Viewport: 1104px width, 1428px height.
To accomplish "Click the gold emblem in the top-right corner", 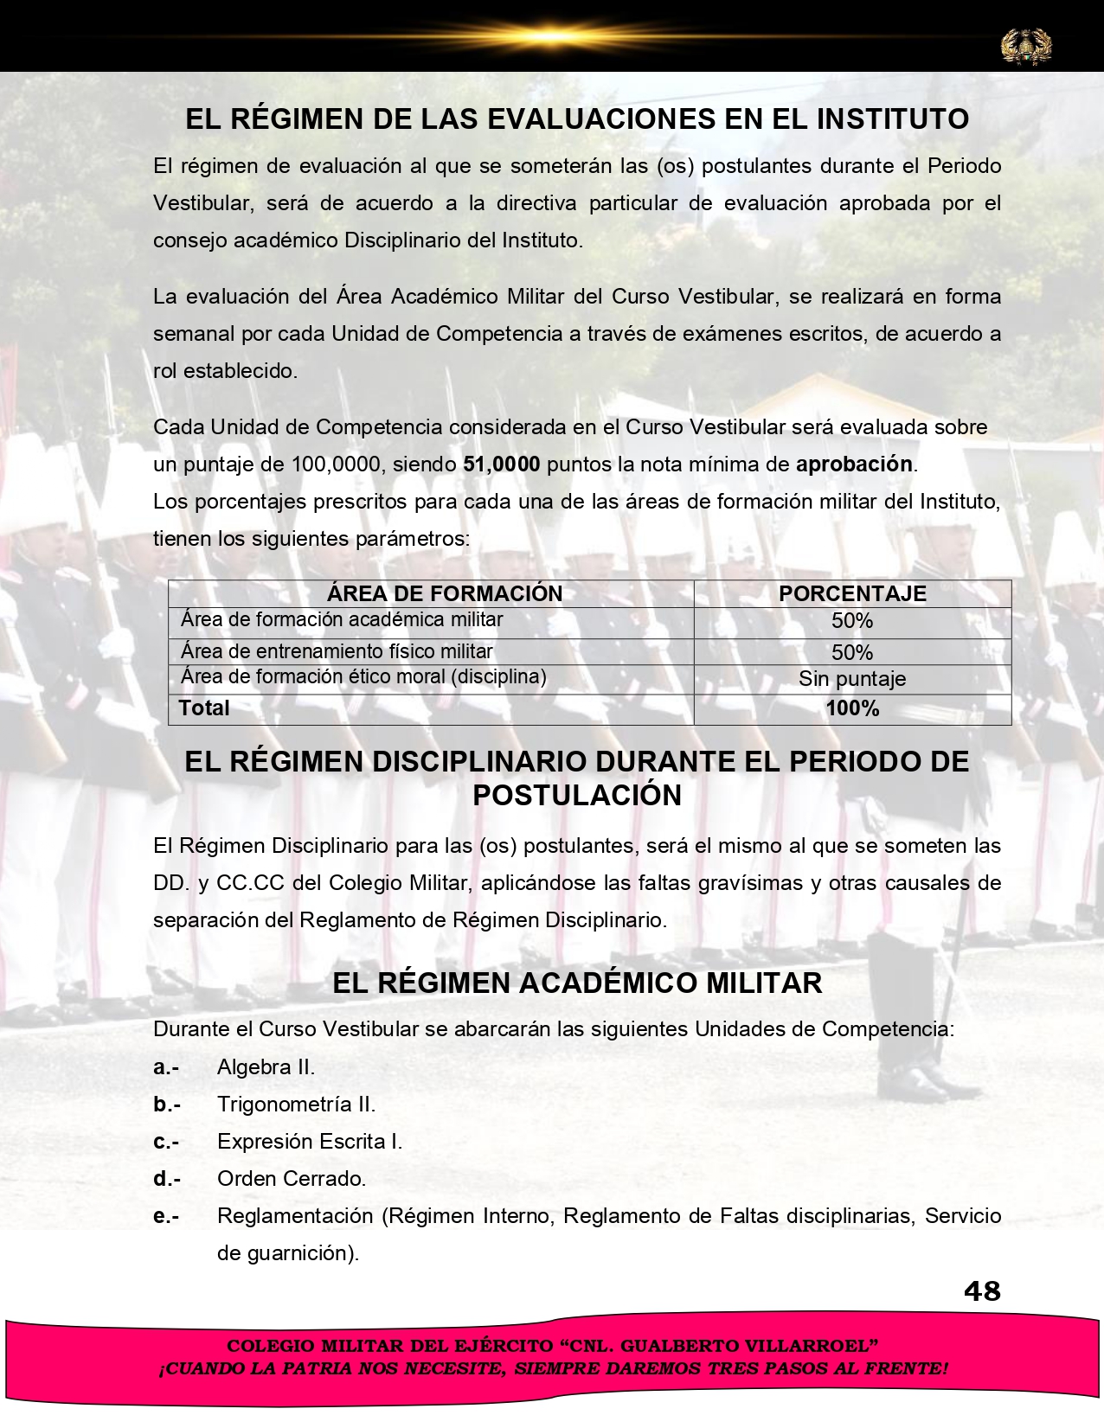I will pos(1026,46).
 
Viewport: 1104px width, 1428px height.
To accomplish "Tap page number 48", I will pos(982,1291).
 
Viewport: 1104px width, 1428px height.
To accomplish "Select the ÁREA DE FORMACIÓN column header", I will pos(445,593).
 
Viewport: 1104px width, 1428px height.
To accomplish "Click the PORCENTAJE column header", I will pos(852,593).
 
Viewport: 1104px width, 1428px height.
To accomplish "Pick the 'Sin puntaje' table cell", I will pos(852,679).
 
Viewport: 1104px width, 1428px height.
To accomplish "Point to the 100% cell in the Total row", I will pos(852,708).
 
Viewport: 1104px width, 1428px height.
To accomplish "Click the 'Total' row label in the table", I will pos(204,708).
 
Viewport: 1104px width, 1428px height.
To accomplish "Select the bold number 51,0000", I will pos(502,464).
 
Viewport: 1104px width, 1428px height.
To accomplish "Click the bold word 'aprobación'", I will pos(854,464).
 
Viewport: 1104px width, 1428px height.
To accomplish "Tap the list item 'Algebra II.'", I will pos(266,1067).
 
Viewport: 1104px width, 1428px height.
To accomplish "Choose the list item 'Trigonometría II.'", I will pos(296,1105).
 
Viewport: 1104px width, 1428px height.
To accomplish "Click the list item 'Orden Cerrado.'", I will pos(292,1179).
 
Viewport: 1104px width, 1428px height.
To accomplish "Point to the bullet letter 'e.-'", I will pos(166,1216).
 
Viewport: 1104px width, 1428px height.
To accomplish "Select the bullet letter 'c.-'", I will pos(166,1142).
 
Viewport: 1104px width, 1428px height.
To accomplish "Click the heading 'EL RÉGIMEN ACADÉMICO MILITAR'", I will pos(577,983).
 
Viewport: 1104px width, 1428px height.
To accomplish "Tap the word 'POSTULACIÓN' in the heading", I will pos(577,795).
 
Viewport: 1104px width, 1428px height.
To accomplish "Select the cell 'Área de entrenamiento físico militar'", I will pos(337,651).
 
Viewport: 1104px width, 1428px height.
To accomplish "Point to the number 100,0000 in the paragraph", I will pos(337,464).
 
